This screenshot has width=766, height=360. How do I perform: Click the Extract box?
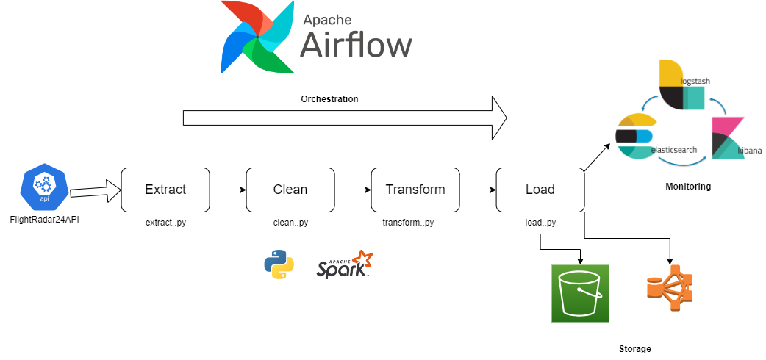click(x=165, y=190)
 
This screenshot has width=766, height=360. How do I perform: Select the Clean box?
click(x=290, y=190)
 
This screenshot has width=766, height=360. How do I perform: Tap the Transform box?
click(x=416, y=190)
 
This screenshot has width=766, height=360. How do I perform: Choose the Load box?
click(x=540, y=190)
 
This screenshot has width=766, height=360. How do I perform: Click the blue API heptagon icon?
click(x=44, y=187)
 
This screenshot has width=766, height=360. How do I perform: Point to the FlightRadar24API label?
click(x=44, y=220)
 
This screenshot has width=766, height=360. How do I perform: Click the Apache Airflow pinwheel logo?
click(x=257, y=37)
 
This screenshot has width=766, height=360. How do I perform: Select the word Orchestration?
click(x=329, y=99)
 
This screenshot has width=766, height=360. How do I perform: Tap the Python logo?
click(x=279, y=264)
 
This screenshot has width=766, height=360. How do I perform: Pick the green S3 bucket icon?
click(x=580, y=294)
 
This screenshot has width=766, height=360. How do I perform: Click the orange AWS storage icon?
click(x=670, y=288)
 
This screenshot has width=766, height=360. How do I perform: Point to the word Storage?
click(x=635, y=349)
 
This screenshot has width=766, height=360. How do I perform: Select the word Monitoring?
click(x=688, y=186)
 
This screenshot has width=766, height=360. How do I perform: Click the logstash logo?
click(x=681, y=84)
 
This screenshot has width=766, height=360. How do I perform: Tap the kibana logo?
click(x=728, y=138)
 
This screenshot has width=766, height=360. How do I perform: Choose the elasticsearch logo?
click(x=634, y=136)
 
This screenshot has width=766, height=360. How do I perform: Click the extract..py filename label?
click(x=165, y=223)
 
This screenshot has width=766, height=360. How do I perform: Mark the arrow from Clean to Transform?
click(x=353, y=190)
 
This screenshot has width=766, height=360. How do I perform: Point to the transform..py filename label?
click(x=409, y=223)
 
